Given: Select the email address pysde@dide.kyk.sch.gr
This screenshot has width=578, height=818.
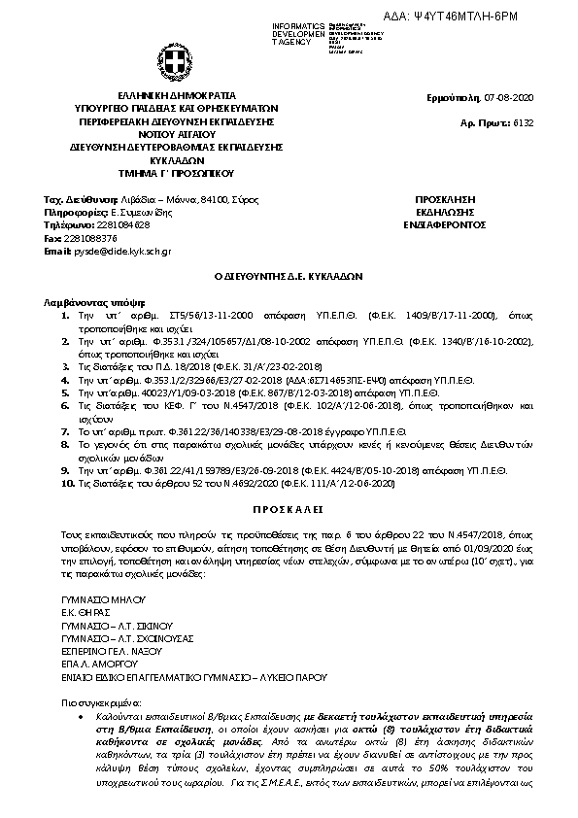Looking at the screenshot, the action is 121,251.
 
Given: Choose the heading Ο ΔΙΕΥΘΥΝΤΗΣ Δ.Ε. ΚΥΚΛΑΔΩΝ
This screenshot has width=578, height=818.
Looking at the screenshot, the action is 288,276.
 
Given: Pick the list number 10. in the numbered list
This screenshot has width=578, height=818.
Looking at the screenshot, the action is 63,483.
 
